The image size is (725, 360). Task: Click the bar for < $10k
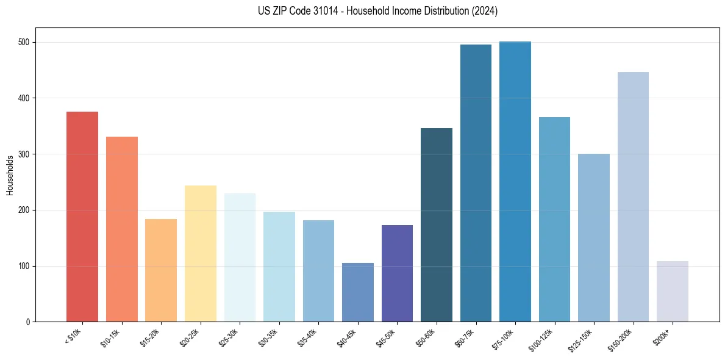pyautogui.click(x=82, y=217)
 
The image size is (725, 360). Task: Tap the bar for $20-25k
pyautogui.click(x=201, y=254)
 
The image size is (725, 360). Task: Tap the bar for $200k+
pyautogui.click(x=673, y=292)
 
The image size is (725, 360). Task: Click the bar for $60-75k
pyautogui.click(x=476, y=183)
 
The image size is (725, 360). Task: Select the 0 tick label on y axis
pyautogui.click(x=28, y=322)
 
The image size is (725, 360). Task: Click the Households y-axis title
pyautogui.click(x=10, y=175)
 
